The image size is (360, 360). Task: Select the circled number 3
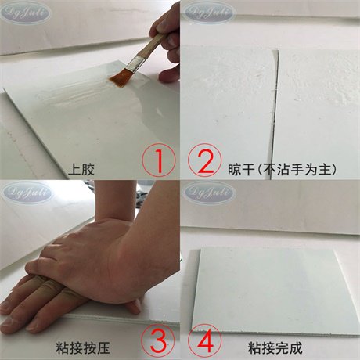click(157, 340)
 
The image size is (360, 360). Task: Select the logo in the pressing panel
click(27, 191)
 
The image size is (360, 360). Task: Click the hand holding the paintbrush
click(167, 39)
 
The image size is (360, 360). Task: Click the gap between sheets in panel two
click(275, 102)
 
